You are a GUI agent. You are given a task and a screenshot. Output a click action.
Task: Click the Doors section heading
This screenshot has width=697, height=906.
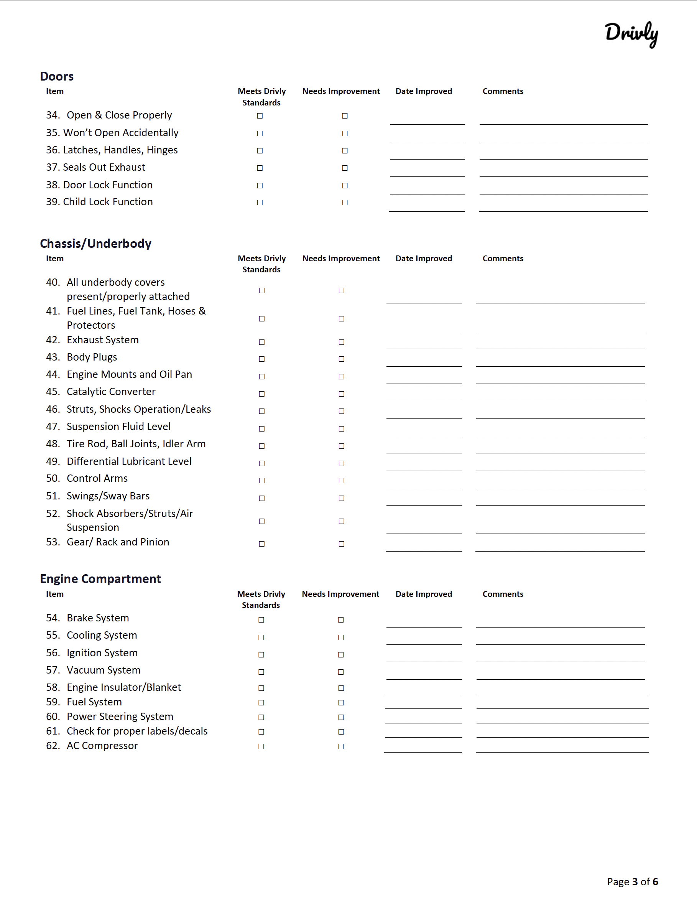pos(57,76)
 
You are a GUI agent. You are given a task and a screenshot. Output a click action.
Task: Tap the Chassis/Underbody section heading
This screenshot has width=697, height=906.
pos(95,244)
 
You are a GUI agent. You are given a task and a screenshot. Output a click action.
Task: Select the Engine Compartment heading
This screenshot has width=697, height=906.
pos(100,579)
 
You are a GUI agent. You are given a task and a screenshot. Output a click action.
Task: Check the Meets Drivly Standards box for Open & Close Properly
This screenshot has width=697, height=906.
pos(260,116)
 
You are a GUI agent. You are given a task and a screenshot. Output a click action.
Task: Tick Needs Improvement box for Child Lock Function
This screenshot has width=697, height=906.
pos(345,203)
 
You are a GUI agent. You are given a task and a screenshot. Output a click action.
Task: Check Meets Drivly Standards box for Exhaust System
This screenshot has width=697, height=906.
pos(261,342)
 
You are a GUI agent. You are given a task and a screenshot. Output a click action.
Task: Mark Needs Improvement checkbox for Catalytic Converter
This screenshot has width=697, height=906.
pos(341,394)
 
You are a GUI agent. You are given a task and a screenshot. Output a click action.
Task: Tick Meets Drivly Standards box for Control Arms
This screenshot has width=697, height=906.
pos(261,480)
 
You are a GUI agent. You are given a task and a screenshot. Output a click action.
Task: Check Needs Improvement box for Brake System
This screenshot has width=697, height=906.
pos(341,620)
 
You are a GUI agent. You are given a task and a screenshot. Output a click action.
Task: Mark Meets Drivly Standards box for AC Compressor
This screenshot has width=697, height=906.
pos(261,746)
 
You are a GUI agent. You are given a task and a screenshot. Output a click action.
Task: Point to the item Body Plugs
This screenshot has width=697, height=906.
pos(92,357)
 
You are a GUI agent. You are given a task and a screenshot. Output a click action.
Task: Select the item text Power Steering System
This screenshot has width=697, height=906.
pos(120,717)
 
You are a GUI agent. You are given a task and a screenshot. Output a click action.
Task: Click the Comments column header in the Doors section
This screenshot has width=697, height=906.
pos(503,91)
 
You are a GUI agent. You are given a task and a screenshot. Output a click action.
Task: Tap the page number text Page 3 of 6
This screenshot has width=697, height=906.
pos(632,881)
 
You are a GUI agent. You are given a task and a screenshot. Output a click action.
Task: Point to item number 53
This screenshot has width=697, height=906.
pos(53,542)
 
